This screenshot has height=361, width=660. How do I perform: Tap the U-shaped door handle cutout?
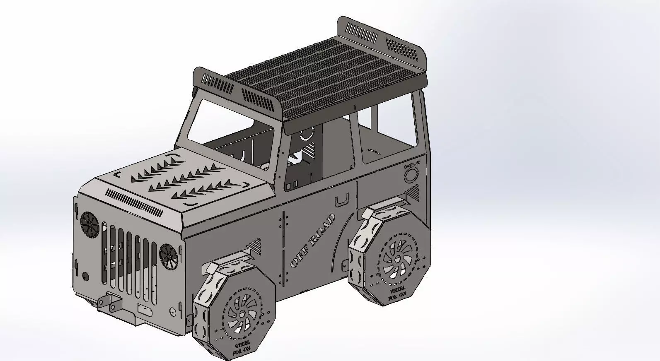342,200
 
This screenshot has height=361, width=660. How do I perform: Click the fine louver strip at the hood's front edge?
135,202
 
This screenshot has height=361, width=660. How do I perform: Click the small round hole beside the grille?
85,276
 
